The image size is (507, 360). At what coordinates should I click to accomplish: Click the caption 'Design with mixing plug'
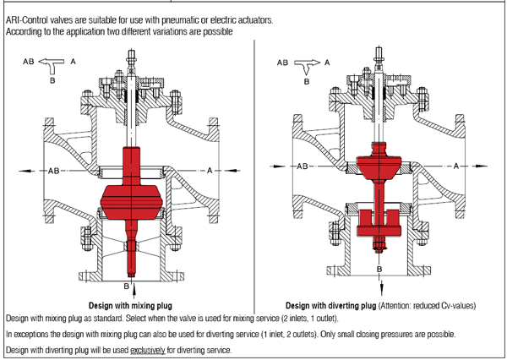(130, 305)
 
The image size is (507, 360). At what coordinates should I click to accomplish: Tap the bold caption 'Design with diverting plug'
(330, 305)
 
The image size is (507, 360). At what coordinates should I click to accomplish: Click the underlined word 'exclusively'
(148, 350)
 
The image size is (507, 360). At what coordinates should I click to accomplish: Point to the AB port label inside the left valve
(54, 171)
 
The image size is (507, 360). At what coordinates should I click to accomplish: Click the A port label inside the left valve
(210, 171)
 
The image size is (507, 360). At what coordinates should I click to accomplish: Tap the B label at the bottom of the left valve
(127, 286)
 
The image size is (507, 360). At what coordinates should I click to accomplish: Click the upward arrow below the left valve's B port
(134, 291)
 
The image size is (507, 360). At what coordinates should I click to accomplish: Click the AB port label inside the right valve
(303, 166)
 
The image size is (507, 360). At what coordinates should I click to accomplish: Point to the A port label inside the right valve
(456, 166)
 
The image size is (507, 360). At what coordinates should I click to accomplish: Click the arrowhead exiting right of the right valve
(481, 166)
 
